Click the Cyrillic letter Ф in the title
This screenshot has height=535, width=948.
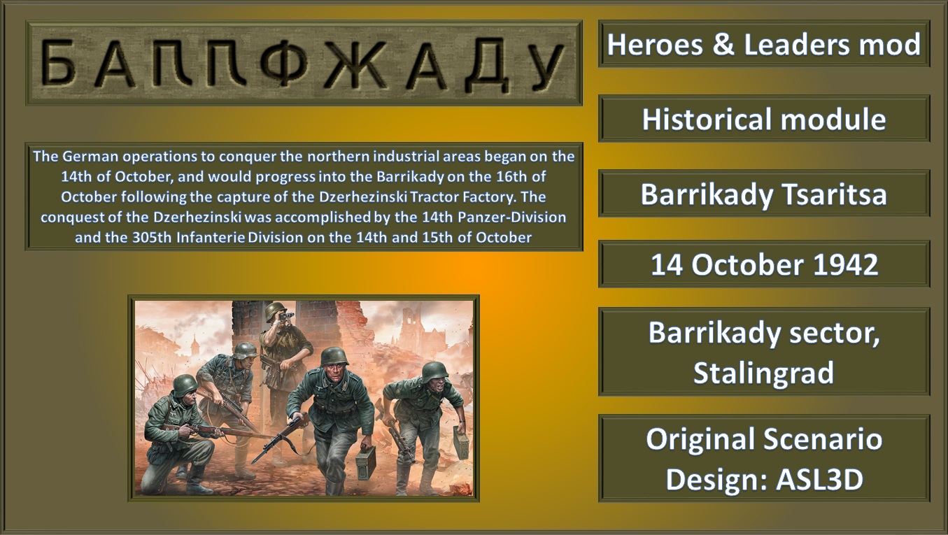click(284, 64)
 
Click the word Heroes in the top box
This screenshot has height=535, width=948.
click(655, 44)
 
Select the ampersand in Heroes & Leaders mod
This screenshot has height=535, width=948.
click(723, 44)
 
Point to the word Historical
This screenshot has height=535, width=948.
click(707, 119)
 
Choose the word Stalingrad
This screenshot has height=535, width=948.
click(764, 373)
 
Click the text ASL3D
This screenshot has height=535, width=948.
click(820, 479)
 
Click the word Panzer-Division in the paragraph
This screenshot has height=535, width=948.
click(512, 217)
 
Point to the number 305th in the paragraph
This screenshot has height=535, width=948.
click(152, 237)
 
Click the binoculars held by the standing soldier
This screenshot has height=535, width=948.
click(287, 315)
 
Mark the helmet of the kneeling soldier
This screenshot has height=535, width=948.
click(185, 385)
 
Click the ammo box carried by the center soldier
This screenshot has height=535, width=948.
click(366, 463)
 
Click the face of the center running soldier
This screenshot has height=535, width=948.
click(334, 373)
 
